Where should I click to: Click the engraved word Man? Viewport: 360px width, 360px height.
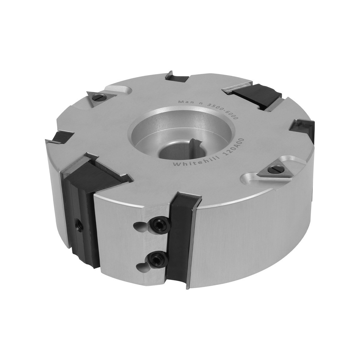click(x=184, y=102)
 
